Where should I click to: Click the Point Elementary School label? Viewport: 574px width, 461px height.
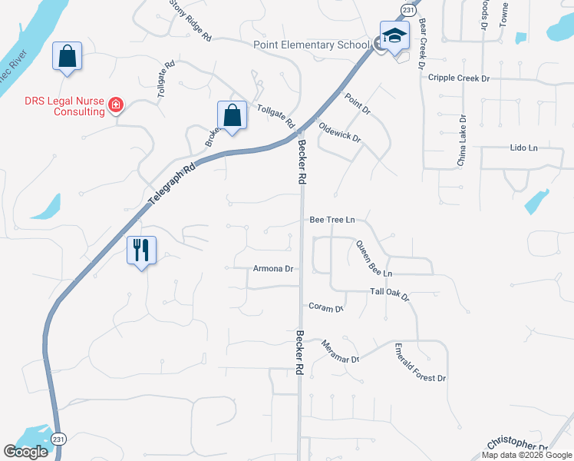[x=311, y=45]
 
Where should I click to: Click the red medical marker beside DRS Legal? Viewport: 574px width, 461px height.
[x=116, y=104]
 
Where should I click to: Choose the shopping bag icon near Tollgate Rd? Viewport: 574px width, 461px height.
[x=232, y=116]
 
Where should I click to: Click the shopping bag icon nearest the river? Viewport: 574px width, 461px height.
[x=68, y=56]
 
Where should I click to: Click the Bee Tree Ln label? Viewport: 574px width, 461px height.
[x=332, y=220]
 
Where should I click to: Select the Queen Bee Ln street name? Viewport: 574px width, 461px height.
[x=373, y=259]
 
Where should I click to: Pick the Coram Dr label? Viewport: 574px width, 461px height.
[x=325, y=307]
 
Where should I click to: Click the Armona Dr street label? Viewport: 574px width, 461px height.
[x=273, y=269]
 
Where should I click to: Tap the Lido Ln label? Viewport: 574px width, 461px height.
[x=523, y=147]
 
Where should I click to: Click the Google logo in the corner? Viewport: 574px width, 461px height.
[x=25, y=452]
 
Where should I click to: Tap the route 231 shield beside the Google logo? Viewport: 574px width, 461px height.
[x=59, y=439]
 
